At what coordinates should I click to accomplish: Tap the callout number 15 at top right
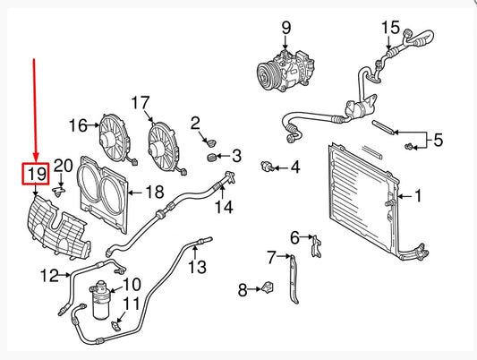390,28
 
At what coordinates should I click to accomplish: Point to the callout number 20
63,165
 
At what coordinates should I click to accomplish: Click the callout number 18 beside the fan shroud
155,192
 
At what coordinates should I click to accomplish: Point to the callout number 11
132,304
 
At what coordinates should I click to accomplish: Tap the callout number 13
196,266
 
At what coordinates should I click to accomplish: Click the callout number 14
224,208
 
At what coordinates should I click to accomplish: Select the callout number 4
294,167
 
